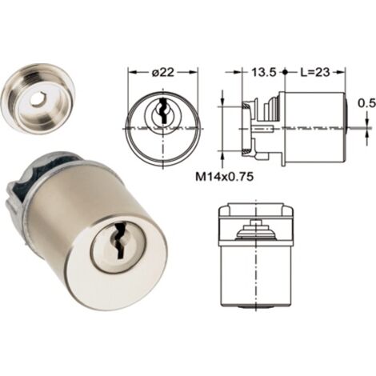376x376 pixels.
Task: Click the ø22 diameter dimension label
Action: tap(163, 72)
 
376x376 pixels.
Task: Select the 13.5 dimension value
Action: tap(264, 72)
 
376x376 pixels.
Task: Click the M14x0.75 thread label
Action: tap(224, 177)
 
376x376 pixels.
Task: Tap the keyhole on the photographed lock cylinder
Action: tap(119, 241)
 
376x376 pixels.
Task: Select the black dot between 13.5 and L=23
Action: tap(285, 72)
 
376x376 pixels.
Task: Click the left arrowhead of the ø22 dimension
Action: tap(132, 72)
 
